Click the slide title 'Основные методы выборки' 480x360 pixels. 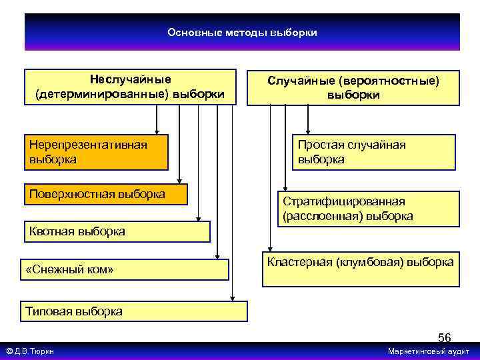(x=242, y=32)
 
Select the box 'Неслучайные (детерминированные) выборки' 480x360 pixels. (x=130, y=87)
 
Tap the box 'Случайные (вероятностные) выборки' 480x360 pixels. (x=353, y=87)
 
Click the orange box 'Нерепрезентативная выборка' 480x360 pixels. (x=96, y=152)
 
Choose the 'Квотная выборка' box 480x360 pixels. (x=117, y=231)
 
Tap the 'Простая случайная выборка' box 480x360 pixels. (x=373, y=152)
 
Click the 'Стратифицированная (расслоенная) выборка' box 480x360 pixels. (x=367, y=209)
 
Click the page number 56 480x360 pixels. (x=444, y=337)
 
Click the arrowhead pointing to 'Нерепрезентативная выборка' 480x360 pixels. (x=157, y=131)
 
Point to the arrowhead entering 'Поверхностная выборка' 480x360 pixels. (x=179, y=179)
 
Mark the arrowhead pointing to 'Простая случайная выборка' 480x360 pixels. (x=307, y=131)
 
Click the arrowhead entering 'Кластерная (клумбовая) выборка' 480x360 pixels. (x=270, y=249)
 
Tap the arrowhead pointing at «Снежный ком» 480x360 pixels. (x=217, y=256)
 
